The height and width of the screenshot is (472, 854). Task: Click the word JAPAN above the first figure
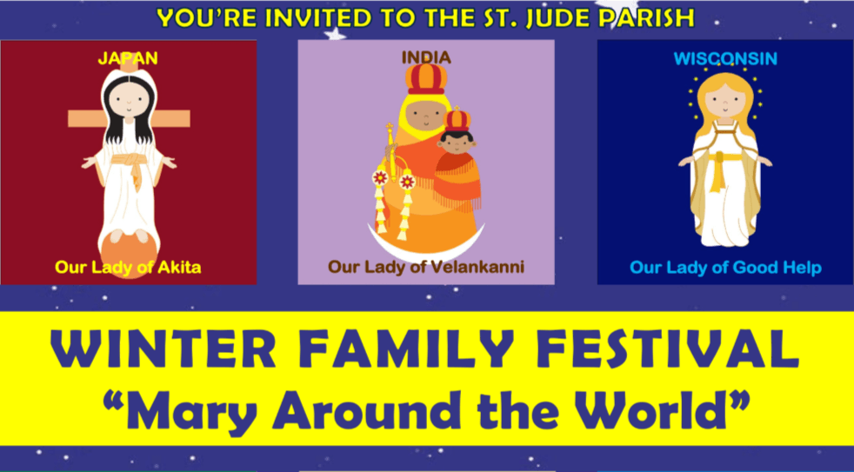tap(127, 58)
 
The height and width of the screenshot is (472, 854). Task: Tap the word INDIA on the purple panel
tap(426, 57)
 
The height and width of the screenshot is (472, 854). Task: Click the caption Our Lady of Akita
tap(128, 267)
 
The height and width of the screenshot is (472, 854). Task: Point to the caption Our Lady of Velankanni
tap(426, 267)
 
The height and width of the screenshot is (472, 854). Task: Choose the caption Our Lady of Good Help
tap(725, 268)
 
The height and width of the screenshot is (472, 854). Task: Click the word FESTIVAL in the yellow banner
tap(660, 349)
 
